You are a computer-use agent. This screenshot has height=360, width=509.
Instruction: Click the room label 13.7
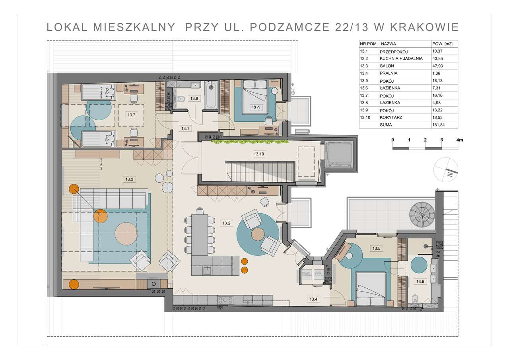(131, 115)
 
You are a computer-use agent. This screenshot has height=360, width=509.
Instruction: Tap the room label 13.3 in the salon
(129, 179)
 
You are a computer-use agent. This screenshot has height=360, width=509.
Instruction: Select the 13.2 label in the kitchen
(226, 223)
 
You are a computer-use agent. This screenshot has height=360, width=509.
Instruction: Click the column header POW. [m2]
(442, 44)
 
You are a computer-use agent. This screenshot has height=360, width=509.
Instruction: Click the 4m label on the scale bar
(460, 140)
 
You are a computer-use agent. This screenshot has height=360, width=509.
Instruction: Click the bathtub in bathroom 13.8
(211, 95)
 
